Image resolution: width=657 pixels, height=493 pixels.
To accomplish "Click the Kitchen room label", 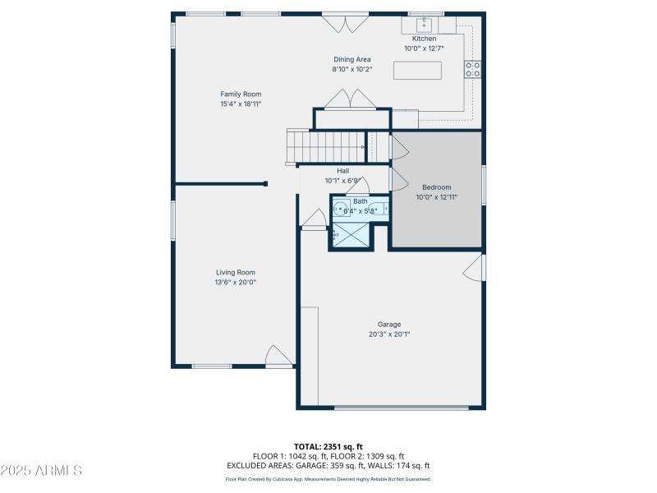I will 424,39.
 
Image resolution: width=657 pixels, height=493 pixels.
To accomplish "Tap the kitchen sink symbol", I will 425,23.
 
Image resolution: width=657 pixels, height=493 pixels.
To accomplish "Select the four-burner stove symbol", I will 473,70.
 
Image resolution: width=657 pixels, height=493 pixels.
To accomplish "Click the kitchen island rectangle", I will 417,71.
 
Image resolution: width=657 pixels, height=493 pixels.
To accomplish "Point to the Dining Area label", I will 352,59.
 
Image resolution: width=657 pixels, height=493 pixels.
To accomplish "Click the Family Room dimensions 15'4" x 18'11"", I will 241,104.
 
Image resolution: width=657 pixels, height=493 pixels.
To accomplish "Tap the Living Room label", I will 236,272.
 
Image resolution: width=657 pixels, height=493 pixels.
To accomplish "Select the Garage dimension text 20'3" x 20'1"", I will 389,334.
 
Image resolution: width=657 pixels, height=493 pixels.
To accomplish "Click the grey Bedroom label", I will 436,187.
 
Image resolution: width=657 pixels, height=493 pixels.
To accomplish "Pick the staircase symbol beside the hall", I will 328,148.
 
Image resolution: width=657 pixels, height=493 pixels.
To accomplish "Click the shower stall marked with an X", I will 351,235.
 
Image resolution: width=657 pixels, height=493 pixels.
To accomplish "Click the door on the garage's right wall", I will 473,268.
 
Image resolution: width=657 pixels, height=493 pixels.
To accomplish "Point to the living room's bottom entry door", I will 278,356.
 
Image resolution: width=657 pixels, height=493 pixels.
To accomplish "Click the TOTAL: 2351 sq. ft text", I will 328,446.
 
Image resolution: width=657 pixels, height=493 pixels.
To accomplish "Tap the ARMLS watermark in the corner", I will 41,471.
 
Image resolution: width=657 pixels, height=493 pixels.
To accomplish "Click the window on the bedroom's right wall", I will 483,185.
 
